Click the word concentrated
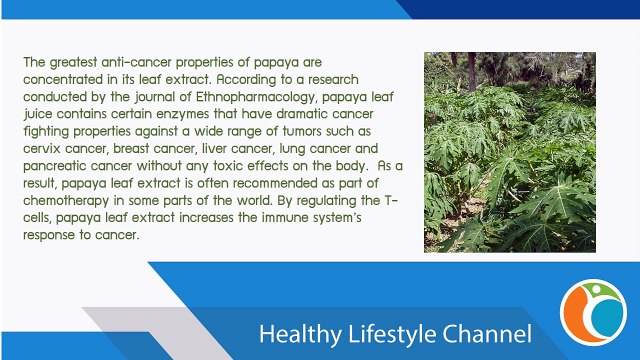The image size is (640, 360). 69,78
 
